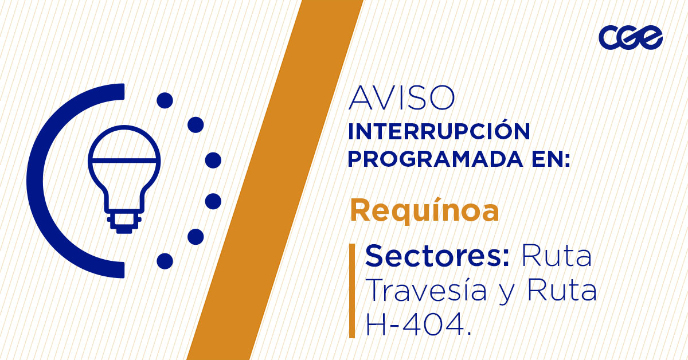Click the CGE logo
[630, 38]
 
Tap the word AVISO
[401, 99]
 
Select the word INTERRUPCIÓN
[439, 132]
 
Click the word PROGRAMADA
[424, 160]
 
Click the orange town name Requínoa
[424, 211]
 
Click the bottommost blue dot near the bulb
[165, 261]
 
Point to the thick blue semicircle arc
[40, 181]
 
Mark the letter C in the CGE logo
[608, 38]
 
